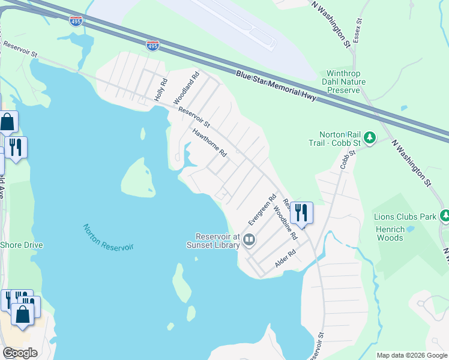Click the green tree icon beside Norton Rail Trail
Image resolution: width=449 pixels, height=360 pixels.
tap(370, 139)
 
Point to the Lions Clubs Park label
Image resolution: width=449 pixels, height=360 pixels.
tap(403, 216)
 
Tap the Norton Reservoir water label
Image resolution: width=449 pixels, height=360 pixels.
tap(108, 237)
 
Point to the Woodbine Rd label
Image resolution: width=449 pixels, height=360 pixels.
tap(285, 223)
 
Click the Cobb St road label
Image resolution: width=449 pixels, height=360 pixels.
tap(345, 159)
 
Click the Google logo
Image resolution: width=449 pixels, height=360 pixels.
tap(20, 353)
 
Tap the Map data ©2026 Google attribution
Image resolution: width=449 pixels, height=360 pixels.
tap(412, 355)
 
